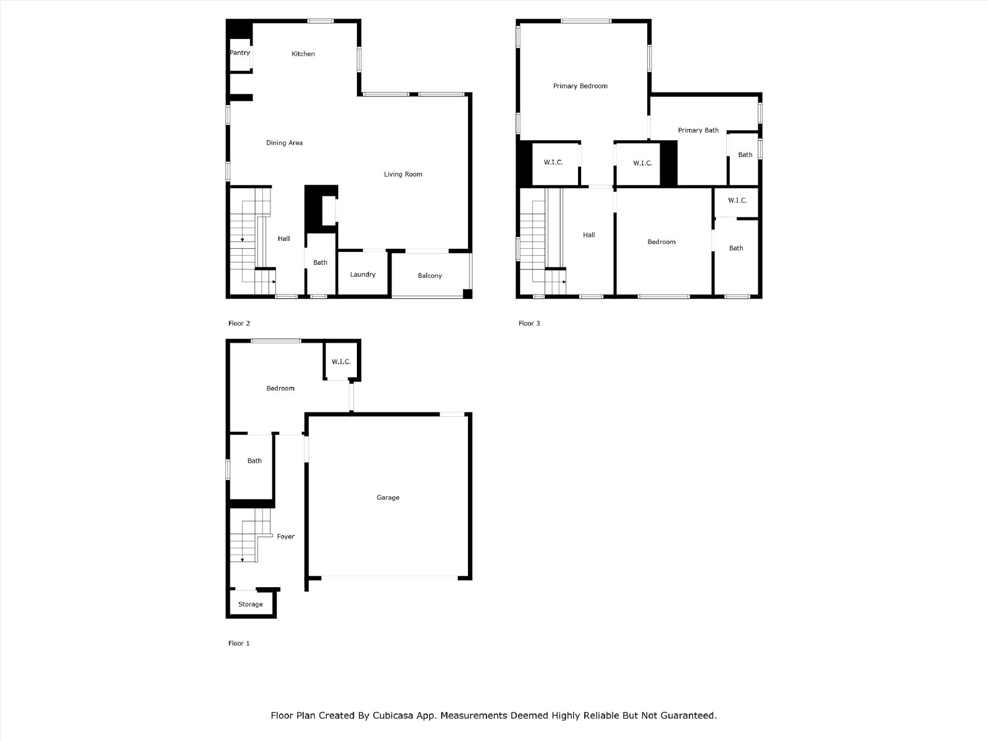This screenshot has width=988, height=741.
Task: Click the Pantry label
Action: tap(240, 52)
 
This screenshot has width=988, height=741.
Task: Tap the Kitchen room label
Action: tap(303, 54)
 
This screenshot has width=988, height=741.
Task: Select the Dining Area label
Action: tap(284, 143)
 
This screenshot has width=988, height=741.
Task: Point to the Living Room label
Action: tap(403, 175)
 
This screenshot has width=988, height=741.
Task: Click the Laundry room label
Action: tap(362, 274)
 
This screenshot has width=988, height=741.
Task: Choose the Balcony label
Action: tap(429, 276)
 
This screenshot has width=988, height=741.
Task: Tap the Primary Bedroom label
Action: tap(580, 86)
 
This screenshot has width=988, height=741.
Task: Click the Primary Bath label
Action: tap(698, 130)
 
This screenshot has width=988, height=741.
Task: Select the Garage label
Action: tap(388, 498)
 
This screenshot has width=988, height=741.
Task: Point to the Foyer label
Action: tap(285, 537)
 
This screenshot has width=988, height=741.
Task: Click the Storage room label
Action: tap(250, 605)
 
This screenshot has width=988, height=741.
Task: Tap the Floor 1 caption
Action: tap(238, 643)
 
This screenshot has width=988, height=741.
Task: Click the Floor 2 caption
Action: tap(238, 324)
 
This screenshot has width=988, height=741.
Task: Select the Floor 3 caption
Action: tap(529, 324)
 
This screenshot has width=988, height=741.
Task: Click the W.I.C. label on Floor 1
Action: tap(341, 362)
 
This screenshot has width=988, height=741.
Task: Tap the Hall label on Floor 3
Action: tap(588, 235)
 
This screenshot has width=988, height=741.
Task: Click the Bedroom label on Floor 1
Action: tap(280, 388)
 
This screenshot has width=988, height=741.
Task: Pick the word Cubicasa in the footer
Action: tap(393, 715)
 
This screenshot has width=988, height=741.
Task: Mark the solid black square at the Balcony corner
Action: tap(467, 294)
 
